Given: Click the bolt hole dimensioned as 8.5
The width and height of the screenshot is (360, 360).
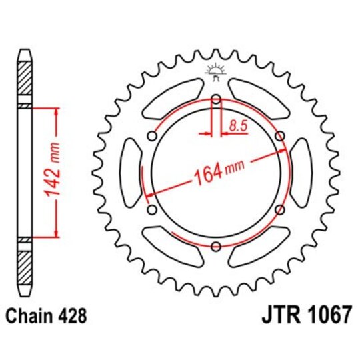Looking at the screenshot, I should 216,101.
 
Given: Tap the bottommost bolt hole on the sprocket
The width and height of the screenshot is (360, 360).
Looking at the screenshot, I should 216,247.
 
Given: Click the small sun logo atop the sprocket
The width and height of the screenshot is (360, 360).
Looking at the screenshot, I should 216,69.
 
